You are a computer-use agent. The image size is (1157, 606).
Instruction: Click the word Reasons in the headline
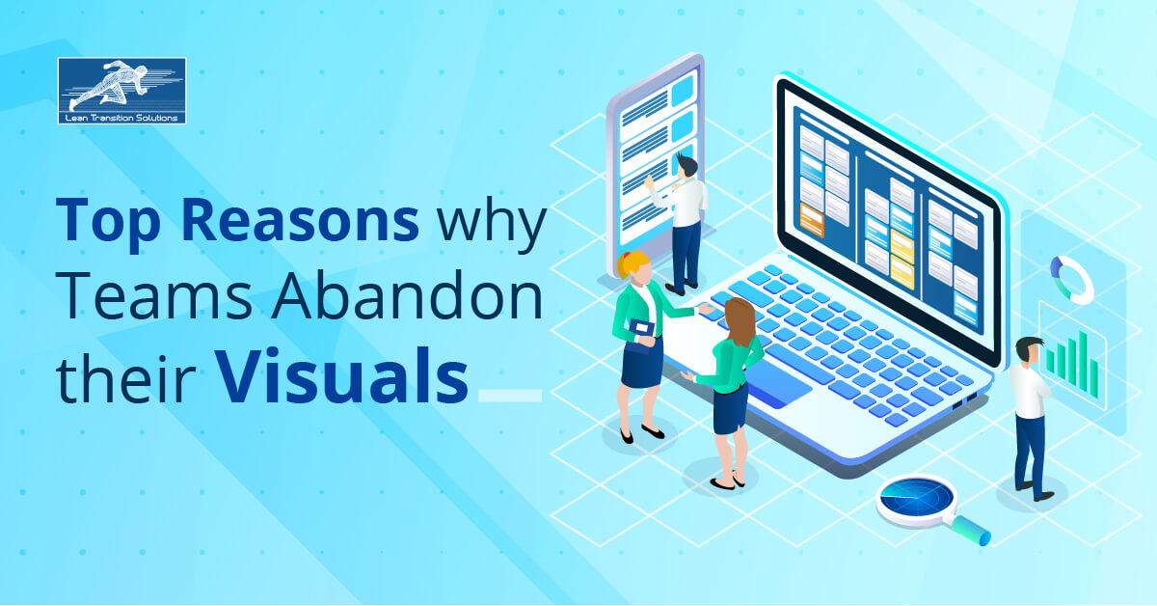coord(300,220)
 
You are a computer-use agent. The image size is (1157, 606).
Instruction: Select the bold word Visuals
coord(341,376)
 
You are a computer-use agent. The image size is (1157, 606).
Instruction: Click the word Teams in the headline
coord(153,295)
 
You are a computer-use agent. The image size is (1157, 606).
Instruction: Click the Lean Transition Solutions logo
coord(121,91)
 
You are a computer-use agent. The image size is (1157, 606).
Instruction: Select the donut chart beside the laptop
coord(1072,280)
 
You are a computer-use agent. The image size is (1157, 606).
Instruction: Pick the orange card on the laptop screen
coord(812,220)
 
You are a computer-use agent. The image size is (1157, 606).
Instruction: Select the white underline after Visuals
coord(510,396)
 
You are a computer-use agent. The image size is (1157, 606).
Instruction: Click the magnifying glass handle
coord(971,530)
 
